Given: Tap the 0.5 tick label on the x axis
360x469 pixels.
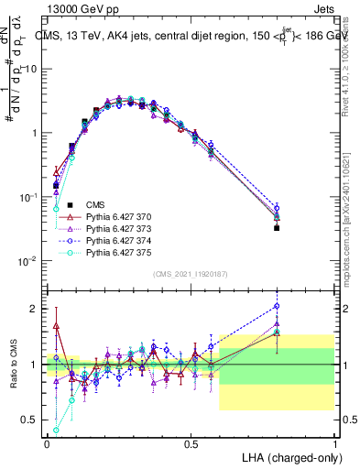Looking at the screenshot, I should pyautogui.click(x=191, y=442).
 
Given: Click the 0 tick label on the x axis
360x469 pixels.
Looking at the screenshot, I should pyautogui.click(x=47, y=442).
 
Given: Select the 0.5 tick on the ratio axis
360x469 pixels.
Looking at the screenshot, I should pyautogui.click(x=33, y=420).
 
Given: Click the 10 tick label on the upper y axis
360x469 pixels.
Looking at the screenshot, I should pyautogui.click(x=33, y=69).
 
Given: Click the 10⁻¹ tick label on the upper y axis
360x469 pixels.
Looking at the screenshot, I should pyautogui.click(x=29, y=197).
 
